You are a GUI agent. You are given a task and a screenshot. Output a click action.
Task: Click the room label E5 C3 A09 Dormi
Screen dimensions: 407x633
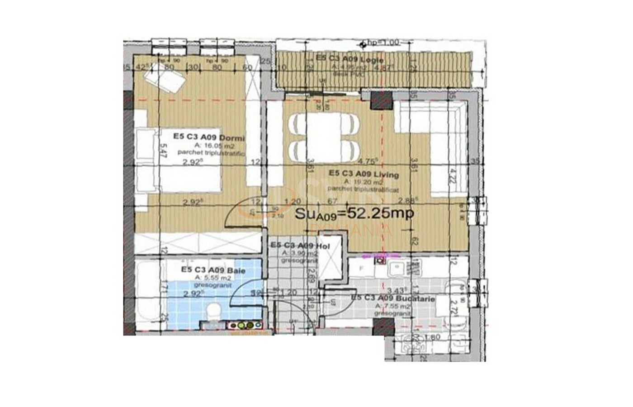(x=209, y=137)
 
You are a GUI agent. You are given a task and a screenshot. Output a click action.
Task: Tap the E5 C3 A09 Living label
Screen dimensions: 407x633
(x=364, y=174)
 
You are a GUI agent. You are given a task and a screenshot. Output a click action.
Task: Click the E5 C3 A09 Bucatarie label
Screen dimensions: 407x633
(x=393, y=299)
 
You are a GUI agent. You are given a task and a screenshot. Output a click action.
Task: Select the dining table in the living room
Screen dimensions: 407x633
(x=324, y=136)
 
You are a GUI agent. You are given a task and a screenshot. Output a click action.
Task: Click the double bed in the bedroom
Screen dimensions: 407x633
(x=179, y=161)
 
